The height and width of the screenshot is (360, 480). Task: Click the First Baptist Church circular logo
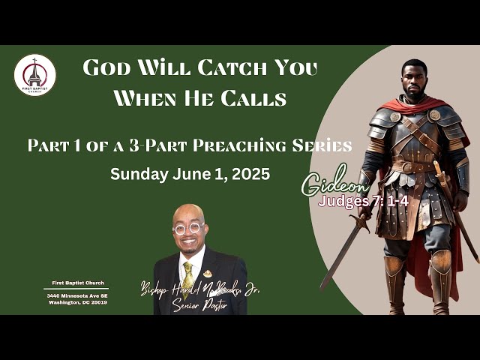pyautogui.click(x=35, y=75)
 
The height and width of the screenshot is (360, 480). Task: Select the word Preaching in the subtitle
pyautogui.click(x=252, y=145)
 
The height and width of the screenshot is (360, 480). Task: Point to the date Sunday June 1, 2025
pyautogui.click(x=190, y=174)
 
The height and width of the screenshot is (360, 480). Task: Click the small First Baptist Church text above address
pyautogui.click(x=76, y=283)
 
